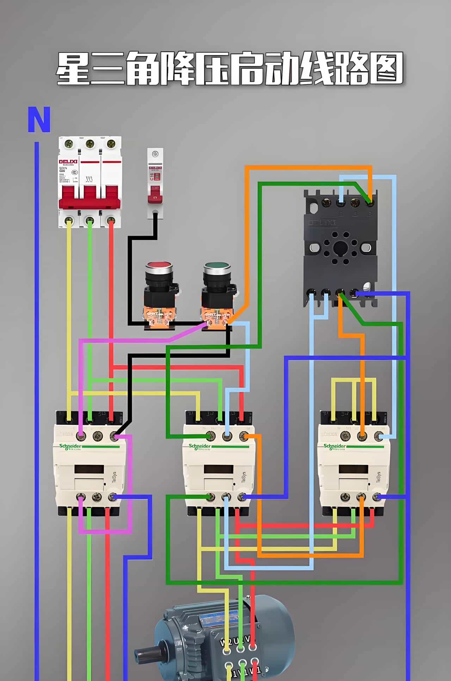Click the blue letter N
39,120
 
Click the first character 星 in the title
74,69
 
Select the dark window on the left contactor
89,469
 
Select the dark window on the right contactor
353,469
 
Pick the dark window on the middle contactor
219,469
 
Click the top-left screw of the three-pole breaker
69,144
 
